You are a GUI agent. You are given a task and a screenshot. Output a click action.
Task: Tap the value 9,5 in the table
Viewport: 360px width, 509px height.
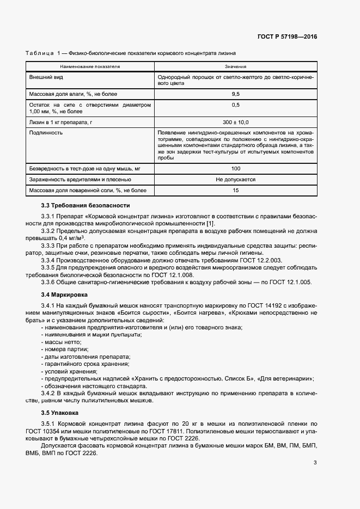point(235,94)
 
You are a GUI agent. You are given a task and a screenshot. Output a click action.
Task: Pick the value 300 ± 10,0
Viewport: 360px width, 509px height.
point(235,122)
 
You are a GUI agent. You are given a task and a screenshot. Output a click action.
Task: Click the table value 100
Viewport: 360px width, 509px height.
point(235,169)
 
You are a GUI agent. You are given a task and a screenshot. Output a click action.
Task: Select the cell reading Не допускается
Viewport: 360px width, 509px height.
point(235,179)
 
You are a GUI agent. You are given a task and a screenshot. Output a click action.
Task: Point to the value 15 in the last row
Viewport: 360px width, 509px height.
point(235,190)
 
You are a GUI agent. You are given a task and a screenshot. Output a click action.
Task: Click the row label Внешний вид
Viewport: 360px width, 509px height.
point(44,77)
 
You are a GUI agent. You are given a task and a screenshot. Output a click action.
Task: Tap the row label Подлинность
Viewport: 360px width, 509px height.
point(46,132)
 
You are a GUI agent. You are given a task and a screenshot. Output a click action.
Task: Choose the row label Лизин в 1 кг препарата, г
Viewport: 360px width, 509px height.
point(61,122)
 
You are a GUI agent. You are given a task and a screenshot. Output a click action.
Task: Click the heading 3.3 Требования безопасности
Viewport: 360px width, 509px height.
point(86,205)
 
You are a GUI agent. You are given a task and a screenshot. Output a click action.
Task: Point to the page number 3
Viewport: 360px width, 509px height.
point(315,463)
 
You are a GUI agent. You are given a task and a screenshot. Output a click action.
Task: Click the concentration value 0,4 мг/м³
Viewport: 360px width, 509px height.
point(64,238)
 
